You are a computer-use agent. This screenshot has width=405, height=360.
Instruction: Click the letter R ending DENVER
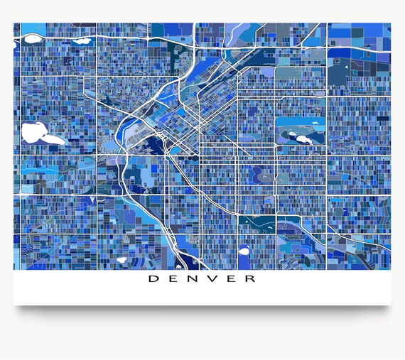tap(251, 278)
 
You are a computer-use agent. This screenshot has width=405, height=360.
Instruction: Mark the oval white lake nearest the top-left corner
tap(83, 40)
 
